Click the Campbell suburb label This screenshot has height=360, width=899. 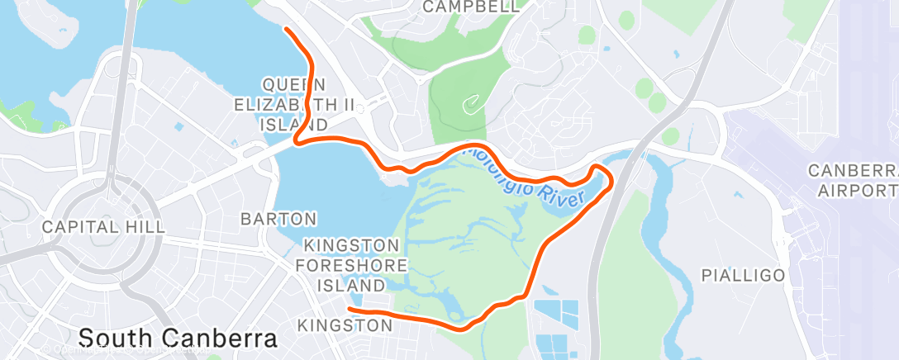click(471, 7)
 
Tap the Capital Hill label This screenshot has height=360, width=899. click(103, 226)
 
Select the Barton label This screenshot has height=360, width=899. click(278, 219)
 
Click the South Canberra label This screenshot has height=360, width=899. click(177, 339)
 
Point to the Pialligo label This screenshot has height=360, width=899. click(743, 276)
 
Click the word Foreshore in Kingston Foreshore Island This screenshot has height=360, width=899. click(355, 265)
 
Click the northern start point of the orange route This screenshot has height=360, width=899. click(286, 29)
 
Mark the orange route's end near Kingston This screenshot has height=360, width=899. click(350, 310)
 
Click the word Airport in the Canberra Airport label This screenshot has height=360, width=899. click(856, 191)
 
